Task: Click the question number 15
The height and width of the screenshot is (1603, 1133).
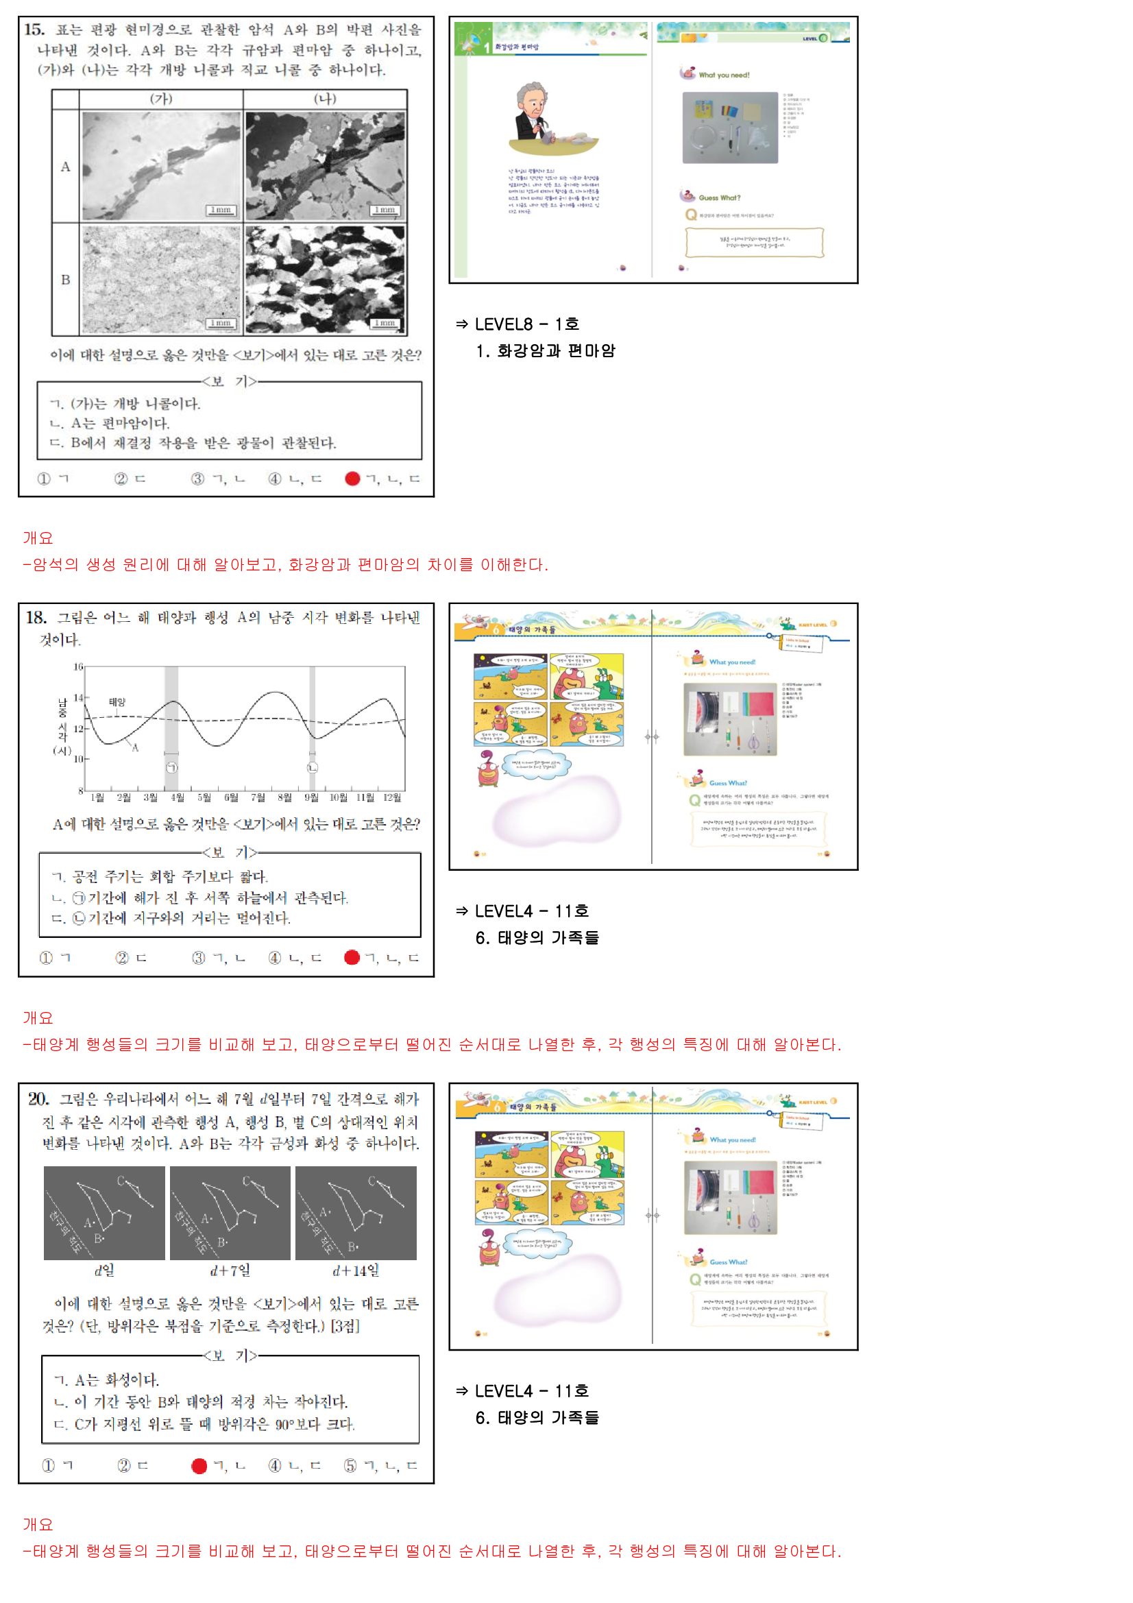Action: tap(34, 29)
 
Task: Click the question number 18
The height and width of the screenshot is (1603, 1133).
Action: tap(36, 617)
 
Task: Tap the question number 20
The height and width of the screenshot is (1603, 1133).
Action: tap(38, 1098)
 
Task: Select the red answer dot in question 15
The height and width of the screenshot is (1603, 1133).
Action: tap(352, 479)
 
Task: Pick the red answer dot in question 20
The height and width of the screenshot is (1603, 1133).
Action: tap(199, 1465)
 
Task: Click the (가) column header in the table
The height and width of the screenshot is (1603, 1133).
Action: tap(161, 99)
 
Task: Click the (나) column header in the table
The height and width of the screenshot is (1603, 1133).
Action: tap(325, 99)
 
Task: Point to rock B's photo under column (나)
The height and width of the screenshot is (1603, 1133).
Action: tap(325, 279)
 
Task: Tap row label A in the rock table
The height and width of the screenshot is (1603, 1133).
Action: tap(65, 166)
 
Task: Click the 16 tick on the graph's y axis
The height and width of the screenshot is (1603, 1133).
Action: tap(78, 666)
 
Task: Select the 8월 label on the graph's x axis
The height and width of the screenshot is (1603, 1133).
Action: tap(285, 797)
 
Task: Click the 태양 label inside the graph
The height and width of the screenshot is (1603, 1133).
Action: tap(117, 701)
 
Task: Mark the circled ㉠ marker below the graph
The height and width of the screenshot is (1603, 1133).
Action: tap(172, 767)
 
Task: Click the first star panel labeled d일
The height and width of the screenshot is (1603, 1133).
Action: tap(105, 1213)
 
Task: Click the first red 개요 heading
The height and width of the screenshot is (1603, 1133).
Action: tap(38, 538)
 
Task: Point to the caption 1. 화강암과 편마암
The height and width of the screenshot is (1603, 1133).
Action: tap(545, 350)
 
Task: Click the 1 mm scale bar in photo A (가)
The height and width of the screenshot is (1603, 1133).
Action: tap(221, 210)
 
